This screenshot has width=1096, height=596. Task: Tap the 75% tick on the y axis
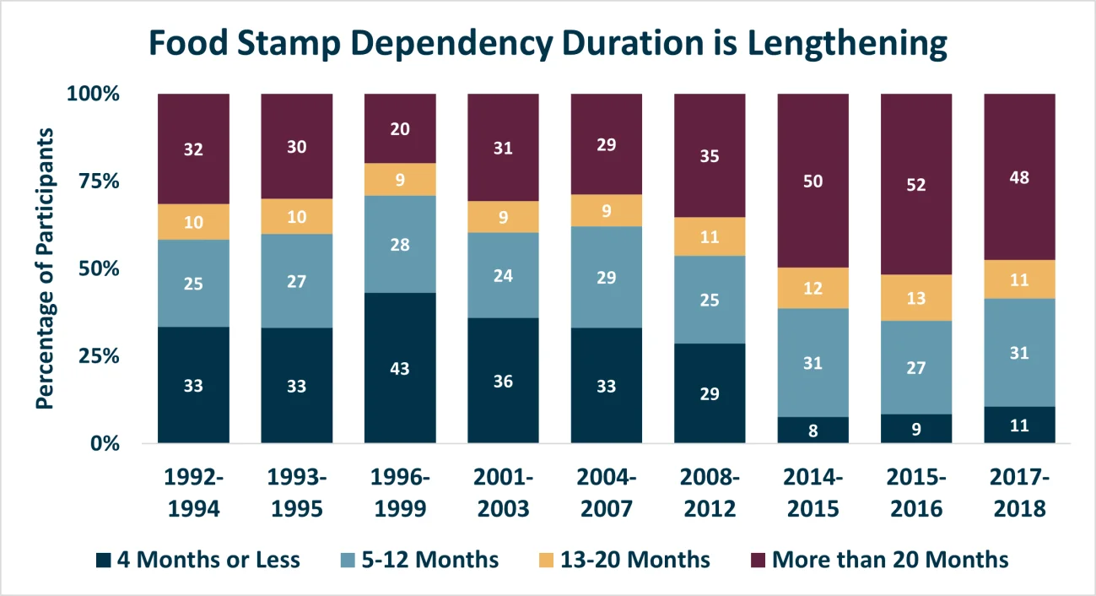coord(99,182)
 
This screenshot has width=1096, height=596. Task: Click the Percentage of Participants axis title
coord(46,268)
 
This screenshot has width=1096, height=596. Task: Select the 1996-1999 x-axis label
coord(400,493)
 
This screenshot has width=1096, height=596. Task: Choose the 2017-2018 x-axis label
coord(1019,493)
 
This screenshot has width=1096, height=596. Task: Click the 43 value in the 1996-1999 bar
coord(400,369)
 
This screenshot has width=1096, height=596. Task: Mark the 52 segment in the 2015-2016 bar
coord(916,184)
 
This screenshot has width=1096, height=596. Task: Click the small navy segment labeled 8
coord(813,430)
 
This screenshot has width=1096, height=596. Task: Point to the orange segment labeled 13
coord(916,298)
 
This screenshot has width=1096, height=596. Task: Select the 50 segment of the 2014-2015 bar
coord(813,181)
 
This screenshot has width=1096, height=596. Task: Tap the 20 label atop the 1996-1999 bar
coord(400,128)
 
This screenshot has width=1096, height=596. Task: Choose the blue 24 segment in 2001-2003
coord(503,275)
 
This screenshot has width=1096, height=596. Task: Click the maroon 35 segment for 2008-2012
coord(710,155)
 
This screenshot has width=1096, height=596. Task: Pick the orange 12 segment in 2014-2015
coord(813,288)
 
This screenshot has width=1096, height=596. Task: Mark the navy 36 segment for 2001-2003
coord(503,380)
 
